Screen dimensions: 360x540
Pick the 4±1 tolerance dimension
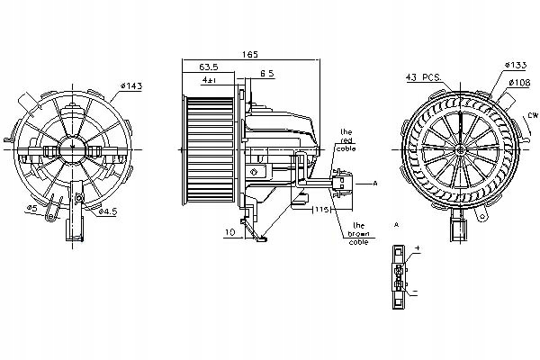pyautogui.click(x=209, y=80)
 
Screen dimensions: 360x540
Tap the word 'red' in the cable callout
pyautogui.click(x=346, y=142)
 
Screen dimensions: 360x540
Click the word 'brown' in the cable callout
pyautogui.click(x=358, y=235)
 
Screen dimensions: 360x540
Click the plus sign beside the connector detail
pyautogui.click(x=417, y=247)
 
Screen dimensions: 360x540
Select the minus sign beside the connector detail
pyautogui.click(x=417, y=292)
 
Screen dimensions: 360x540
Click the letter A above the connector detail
pyautogui.click(x=396, y=222)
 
